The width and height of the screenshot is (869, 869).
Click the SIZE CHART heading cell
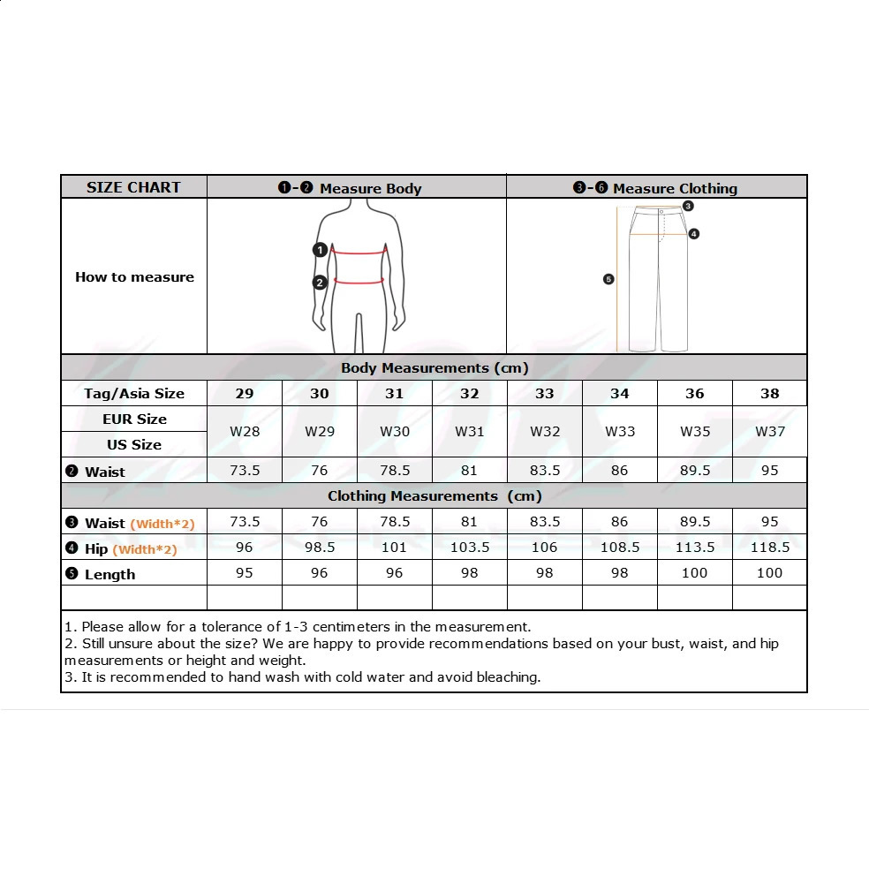coord(133,187)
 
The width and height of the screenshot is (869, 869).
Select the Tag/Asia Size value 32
coord(470,393)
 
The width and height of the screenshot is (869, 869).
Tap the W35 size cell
coord(695,432)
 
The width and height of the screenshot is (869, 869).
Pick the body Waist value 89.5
coord(695,471)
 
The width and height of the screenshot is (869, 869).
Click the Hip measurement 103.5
coord(470,548)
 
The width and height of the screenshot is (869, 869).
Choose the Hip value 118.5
coord(770,548)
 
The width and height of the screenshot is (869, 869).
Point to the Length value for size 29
coord(245,573)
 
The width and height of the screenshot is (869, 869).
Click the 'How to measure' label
coord(134,277)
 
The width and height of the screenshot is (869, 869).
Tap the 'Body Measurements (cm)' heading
coord(434,367)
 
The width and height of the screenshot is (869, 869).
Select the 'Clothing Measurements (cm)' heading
coord(434,496)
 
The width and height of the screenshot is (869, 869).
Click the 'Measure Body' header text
coord(370,188)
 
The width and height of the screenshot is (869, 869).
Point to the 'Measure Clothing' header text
coord(675,188)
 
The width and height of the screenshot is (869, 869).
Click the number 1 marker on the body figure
coord(321,250)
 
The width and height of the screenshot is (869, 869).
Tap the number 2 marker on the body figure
coord(320,283)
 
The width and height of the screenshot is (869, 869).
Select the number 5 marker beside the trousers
coord(608,279)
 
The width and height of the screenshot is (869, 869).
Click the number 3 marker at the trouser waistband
coord(688,206)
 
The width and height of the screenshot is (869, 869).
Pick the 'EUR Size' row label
coord(134,419)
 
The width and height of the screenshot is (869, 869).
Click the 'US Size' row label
coord(134,444)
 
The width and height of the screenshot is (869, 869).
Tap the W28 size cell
coord(245,432)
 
